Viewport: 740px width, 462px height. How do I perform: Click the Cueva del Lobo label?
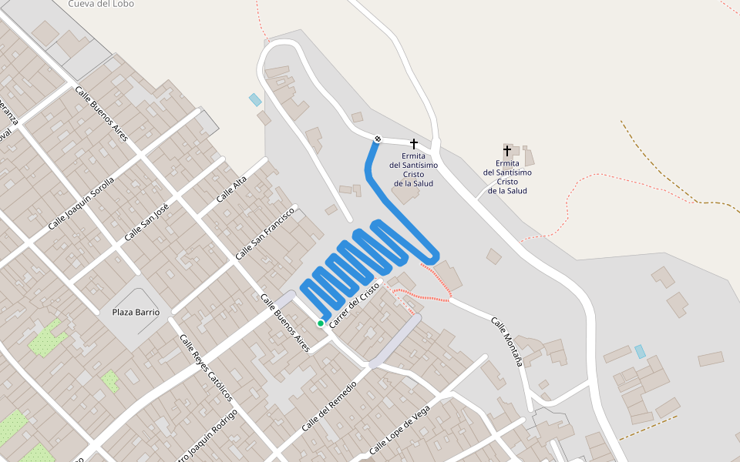(x=100, y=4)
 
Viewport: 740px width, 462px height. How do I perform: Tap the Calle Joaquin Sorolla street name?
(x=81, y=203)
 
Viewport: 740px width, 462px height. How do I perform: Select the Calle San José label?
(x=146, y=221)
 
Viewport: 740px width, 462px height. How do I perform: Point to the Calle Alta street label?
(x=231, y=189)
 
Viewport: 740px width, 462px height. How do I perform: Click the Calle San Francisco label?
(x=266, y=233)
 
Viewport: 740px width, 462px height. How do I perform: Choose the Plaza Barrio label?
(x=136, y=312)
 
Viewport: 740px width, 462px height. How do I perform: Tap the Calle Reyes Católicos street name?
(x=206, y=367)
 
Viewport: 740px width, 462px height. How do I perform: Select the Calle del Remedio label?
(x=329, y=405)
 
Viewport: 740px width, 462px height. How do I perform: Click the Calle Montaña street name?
(x=506, y=340)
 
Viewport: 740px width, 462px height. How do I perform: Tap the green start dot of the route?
(x=321, y=323)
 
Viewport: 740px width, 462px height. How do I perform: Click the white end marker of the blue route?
(x=378, y=139)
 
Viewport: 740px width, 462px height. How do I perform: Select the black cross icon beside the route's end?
(x=414, y=144)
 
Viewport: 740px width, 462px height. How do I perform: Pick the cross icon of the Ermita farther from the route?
(x=507, y=151)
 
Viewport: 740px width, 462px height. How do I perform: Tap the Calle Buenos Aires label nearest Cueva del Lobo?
(x=101, y=114)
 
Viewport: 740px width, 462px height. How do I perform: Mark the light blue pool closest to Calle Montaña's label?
(x=640, y=351)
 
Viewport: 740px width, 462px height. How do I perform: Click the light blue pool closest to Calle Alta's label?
(x=255, y=99)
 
